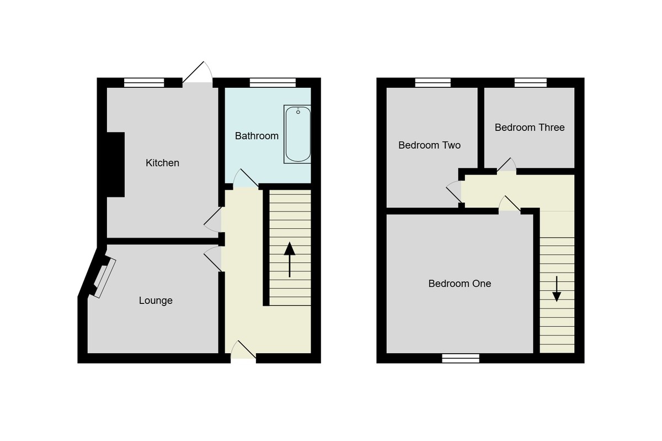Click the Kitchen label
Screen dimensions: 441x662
[162, 163]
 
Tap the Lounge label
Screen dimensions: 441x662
[156, 301]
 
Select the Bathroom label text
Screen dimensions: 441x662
[257, 135]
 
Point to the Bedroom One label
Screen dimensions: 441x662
[460, 283]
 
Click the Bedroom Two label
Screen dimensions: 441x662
[429, 145]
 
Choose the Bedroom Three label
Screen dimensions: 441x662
[530, 128]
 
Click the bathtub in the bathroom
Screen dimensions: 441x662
[298, 134]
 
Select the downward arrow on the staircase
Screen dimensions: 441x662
[557, 288]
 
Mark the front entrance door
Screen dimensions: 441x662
[243, 351]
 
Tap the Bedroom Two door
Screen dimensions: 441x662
[455, 191]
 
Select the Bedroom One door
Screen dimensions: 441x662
[510, 204]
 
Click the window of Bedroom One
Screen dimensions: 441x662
[461, 358]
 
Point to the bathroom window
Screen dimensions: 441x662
[273, 83]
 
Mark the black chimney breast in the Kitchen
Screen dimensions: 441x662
[115, 165]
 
